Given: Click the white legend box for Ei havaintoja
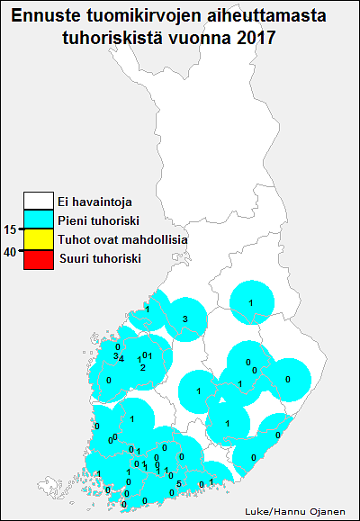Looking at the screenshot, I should pyautogui.click(x=39, y=201).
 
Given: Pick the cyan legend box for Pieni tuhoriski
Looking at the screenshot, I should pyautogui.click(x=39, y=220).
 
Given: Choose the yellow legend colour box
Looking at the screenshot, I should pyautogui.click(x=39, y=240).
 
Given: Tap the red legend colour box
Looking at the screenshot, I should pyautogui.click(x=39, y=260).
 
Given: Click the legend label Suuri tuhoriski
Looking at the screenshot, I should pyautogui.click(x=101, y=259).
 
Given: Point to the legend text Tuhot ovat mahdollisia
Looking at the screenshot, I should pyautogui.click(x=122, y=239).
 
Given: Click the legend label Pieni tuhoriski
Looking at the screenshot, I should pyautogui.click(x=98, y=220).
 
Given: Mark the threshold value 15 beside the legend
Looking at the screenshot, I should pyautogui.click(x=10, y=229).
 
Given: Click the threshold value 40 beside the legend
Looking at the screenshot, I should pyautogui.click(x=10, y=252).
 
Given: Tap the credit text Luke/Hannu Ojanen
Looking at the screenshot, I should pyautogui.click(x=295, y=511).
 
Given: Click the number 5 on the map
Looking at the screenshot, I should pyautogui.click(x=179, y=484).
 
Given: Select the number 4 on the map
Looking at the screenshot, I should pyautogui.click(x=122, y=358).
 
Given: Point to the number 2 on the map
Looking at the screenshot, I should pyautogui.click(x=142, y=367).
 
